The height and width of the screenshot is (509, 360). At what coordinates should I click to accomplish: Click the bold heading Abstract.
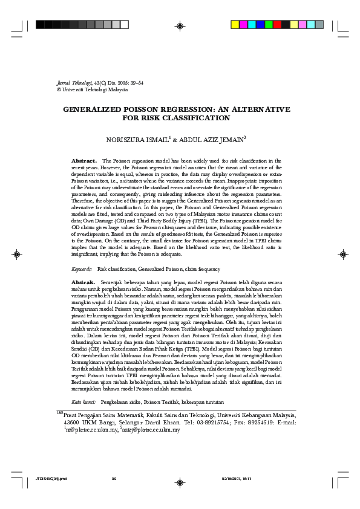[x=84, y=161]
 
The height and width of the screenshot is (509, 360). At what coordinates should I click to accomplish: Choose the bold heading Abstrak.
[x=83, y=282]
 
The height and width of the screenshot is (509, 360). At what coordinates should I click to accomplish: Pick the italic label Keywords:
[x=82, y=268]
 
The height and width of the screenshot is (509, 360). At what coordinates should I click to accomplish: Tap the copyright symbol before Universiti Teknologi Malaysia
[x=58, y=89]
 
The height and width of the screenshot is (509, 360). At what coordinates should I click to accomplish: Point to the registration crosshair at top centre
[x=180, y=25]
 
